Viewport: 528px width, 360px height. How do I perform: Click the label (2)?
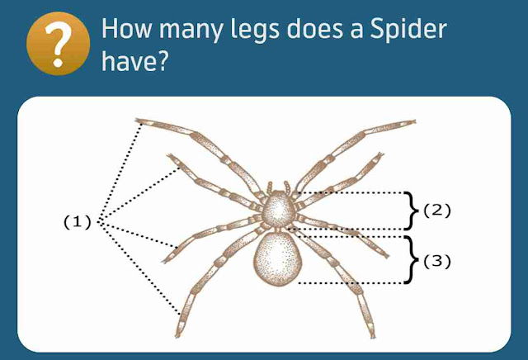(437, 211)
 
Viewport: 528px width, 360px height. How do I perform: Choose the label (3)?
(438, 262)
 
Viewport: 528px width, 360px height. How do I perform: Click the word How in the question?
(126, 31)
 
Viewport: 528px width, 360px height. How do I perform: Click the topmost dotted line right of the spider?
(355, 193)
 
